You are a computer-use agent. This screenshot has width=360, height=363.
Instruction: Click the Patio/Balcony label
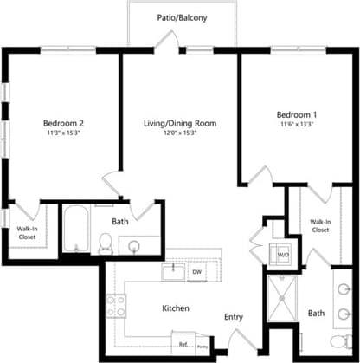pyautogui.click(x=182, y=17)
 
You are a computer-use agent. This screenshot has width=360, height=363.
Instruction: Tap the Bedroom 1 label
pyautogui.click(x=297, y=114)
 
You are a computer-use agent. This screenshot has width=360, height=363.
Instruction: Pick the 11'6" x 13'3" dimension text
pyautogui.click(x=297, y=126)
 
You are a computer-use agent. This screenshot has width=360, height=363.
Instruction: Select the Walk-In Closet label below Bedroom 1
pyautogui.click(x=320, y=225)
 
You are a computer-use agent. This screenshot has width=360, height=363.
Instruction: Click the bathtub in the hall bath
pyautogui.click(x=74, y=230)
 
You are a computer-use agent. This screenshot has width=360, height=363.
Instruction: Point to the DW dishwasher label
pyautogui.click(x=196, y=272)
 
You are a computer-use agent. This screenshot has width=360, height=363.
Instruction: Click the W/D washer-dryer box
pyautogui.click(x=283, y=255)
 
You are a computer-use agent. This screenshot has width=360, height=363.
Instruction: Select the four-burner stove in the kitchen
pyautogui.click(x=115, y=304)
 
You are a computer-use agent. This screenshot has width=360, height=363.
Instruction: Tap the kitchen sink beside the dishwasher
pyautogui.click(x=174, y=271)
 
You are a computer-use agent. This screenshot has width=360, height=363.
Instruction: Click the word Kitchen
pyautogui.click(x=176, y=308)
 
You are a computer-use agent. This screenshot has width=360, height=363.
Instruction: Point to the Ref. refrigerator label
pyautogui.click(x=183, y=334)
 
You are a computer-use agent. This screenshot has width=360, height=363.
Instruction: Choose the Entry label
pyautogui.click(x=234, y=317)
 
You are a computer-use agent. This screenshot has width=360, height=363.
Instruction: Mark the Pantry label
pyautogui.click(x=201, y=336)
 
